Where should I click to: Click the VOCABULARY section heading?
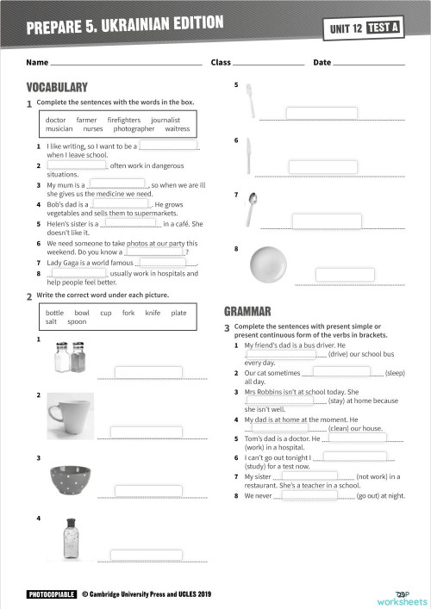click(x=57, y=87)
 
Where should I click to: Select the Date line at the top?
click(x=368, y=63)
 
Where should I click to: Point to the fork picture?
click(x=249, y=101)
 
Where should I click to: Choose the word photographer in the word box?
click(x=134, y=129)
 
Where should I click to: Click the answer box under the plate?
click(x=345, y=275)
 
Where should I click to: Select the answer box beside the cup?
click(x=147, y=430)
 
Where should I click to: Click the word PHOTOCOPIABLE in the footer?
click(x=51, y=594)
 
